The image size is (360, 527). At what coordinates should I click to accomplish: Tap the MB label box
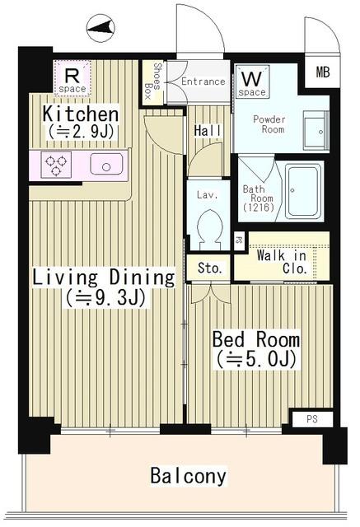tap(322, 72)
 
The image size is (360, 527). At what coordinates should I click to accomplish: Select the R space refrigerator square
tap(72, 78)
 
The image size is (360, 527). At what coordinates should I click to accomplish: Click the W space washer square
tap(252, 83)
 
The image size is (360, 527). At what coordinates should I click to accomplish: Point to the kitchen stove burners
tap(56, 164)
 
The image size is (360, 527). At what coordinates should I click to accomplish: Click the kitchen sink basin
tap(106, 165)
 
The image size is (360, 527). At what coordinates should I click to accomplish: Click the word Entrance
tap(203, 82)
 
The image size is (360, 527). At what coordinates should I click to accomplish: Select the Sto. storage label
tap(208, 268)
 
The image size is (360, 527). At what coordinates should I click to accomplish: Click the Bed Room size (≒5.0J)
tap(255, 359)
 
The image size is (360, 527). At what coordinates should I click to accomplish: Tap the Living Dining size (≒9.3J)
tap(105, 298)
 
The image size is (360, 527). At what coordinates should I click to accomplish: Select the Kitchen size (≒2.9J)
tap(82, 131)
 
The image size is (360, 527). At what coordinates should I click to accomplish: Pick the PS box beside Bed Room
tap(311, 419)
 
